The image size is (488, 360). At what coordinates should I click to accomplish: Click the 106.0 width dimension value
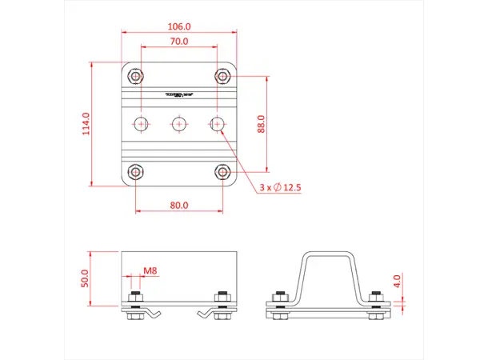179,24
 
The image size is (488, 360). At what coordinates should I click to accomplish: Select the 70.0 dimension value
179,41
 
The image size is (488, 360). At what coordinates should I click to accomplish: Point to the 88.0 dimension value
260,124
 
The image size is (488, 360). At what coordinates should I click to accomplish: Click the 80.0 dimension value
179,205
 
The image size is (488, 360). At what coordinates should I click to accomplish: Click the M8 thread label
150,271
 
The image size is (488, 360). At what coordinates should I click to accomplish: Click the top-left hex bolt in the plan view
136,76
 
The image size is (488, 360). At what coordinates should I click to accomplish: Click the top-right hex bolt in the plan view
222,76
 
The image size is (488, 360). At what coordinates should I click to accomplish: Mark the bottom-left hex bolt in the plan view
136,171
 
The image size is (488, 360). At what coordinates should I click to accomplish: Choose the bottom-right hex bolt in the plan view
222,171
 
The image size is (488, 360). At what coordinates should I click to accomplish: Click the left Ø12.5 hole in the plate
142,124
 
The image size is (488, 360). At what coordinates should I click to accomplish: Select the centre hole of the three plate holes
179,124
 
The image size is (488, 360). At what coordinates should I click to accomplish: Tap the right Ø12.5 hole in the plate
217,124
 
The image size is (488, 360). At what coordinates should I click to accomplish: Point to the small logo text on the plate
179,94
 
